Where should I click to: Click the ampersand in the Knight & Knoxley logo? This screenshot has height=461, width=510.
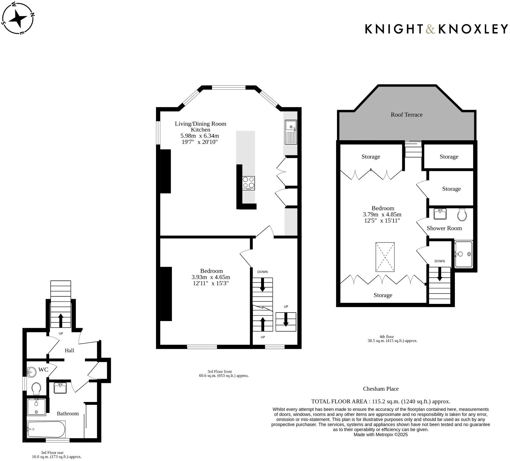point(430,29)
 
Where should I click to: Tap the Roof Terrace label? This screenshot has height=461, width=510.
point(406,115)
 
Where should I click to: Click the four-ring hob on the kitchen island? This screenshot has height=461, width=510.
point(248,183)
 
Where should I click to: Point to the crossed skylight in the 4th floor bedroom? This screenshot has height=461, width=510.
point(385,257)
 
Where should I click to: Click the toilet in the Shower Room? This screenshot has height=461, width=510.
point(462,215)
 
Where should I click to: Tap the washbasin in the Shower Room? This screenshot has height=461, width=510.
point(440,214)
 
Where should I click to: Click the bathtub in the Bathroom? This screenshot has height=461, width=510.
point(46,429)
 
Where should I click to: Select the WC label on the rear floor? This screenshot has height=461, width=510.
point(43,370)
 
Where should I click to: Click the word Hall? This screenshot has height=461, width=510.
point(69,351)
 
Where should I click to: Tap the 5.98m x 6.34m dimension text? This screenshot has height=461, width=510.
point(199,136)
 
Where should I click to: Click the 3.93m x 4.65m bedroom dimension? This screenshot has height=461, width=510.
point(211,277)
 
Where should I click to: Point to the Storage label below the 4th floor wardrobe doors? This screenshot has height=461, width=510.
point(382,295)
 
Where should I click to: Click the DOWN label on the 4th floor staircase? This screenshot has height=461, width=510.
point(439,261)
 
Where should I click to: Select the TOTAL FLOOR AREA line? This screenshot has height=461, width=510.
point(380,401)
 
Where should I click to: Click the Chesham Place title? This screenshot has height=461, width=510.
point(380,389)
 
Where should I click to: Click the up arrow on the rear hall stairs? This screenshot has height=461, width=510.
point(61,320)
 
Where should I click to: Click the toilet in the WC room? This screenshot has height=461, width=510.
point(36,389)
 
